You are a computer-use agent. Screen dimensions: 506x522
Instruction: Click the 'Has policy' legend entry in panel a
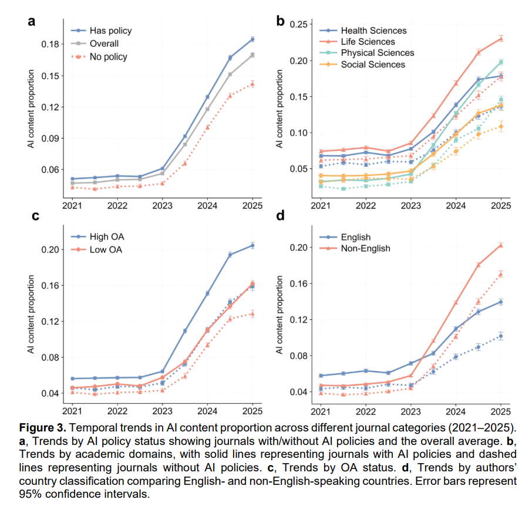pyautogui.click(x=110, y=31)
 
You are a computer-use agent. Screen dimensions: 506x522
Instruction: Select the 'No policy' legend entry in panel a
pyautogui.click(x=108, y=56)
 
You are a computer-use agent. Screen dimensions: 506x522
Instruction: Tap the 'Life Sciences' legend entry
pyautogui.click(x=368, y=42)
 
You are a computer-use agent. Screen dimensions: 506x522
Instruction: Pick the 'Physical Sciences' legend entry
pyautogui.click(x=377, y=53)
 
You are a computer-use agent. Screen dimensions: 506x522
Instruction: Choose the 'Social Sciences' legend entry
pyautogui.click(x=373, y=64)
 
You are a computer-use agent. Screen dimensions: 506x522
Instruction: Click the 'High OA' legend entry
pyautogui.click(x=106, y=237)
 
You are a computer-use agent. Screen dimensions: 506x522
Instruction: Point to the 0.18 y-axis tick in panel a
pyautogui.click(x=51, y=44)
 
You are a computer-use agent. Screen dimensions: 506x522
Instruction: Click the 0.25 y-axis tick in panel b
pyautogui.click(x=300, y=24)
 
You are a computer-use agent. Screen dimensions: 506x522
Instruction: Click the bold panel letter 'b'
pyautogui.click(x=280, y=22)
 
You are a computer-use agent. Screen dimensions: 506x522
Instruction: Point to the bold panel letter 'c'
pyautogui.click(x=35, y=216)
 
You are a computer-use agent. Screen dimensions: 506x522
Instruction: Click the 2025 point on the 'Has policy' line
pyautogui.click(x=252, y=39)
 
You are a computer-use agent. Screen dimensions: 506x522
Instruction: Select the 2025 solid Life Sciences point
pyautogui.click(x=501, y=39)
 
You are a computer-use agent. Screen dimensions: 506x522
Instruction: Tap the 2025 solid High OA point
pyautogui.click(x=252, y=245)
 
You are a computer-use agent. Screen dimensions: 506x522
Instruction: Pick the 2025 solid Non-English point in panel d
pyautogui.click(x=501, y=245)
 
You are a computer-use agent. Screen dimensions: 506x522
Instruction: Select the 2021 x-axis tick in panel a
pyautogui.click(x=72, y=205)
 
